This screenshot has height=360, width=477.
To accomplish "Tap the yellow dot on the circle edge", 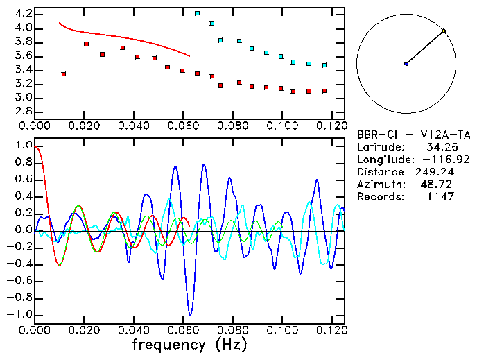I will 444,31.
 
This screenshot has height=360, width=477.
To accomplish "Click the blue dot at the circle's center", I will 406,64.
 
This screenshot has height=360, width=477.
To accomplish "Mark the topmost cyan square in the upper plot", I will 198,13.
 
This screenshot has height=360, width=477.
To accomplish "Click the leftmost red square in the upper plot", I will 64,74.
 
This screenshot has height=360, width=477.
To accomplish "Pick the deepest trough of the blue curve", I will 190,316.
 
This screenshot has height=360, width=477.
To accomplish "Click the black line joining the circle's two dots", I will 425,47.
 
